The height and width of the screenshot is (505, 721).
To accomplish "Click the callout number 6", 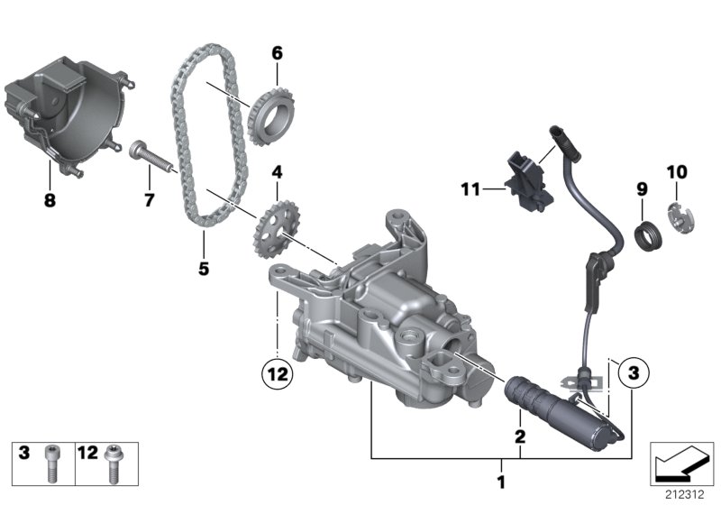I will coord(277,53).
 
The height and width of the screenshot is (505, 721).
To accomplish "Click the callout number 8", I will coord(50,201).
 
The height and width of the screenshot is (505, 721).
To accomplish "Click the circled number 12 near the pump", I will coord(278,370).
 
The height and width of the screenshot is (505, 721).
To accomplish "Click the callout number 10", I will coord(676,172).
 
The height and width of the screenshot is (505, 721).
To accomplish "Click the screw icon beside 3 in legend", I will coord(53,456).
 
